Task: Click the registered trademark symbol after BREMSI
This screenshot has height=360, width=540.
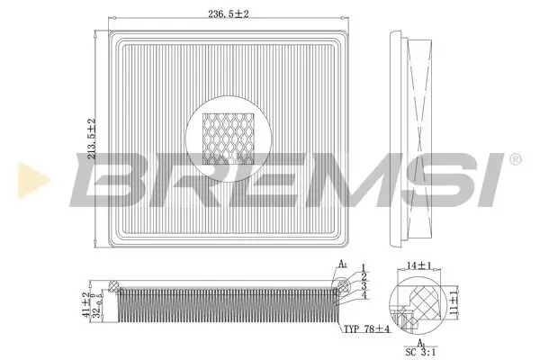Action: click(514, 159)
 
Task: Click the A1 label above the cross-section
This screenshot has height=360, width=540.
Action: click(345, 265)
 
